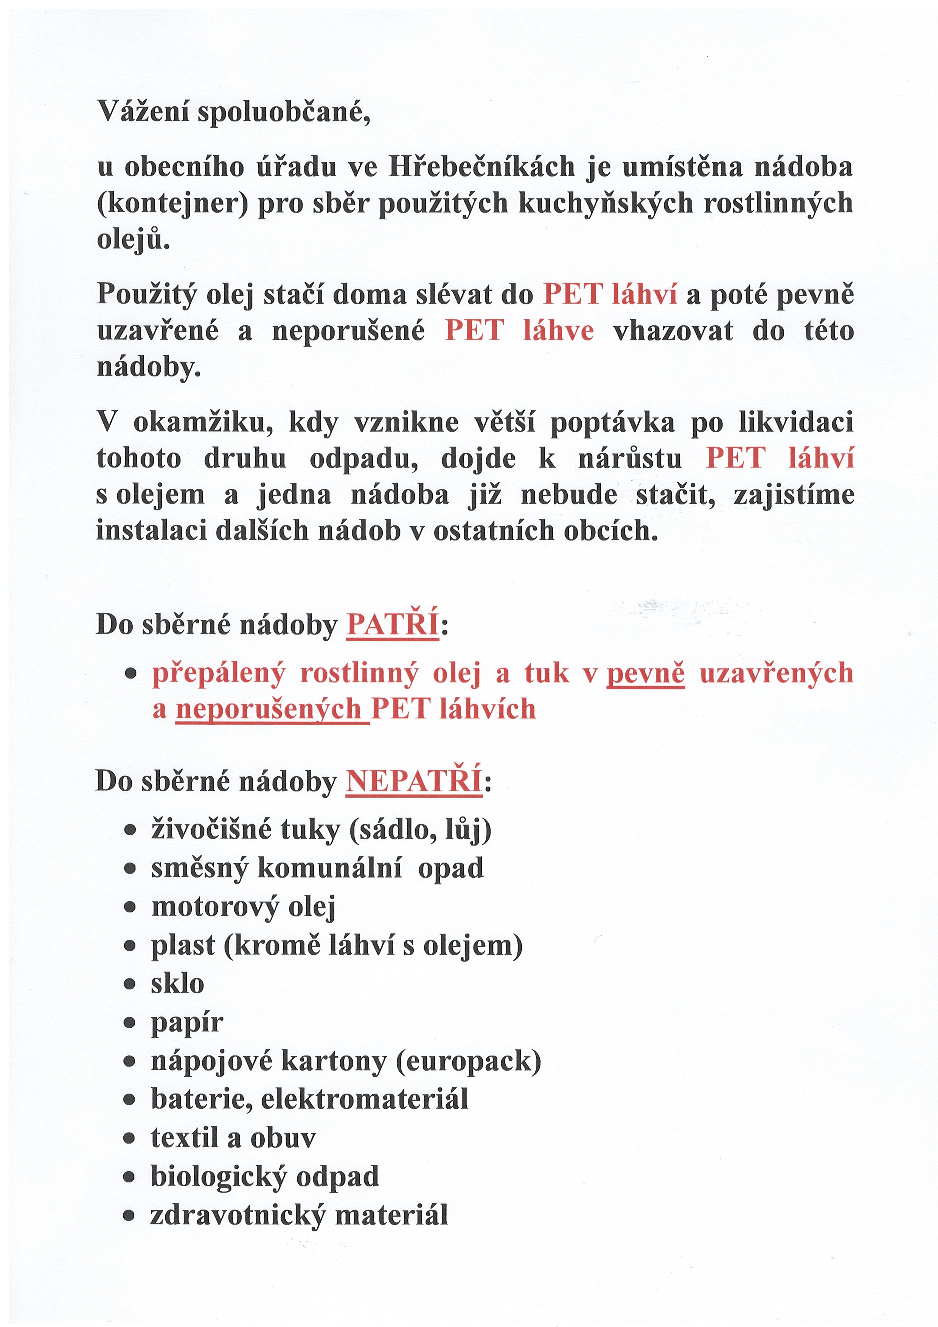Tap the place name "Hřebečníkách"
tap(482, 167)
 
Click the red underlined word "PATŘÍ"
tap(393, 624)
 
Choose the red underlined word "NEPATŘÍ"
tap(414, 782)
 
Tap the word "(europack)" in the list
tap(469, 1061)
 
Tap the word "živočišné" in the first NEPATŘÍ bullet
tap(211, 830)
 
